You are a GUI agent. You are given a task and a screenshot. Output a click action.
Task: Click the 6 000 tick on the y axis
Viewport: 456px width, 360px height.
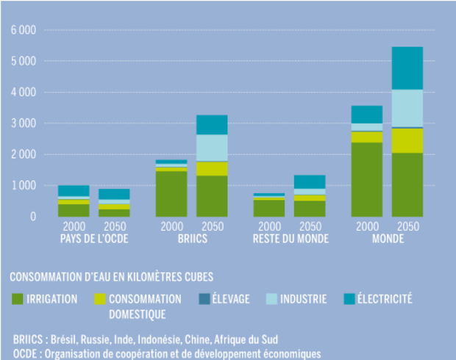[x=23, y=30]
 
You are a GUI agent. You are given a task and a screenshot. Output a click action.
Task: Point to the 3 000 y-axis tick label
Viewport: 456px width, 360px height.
[x=23, y=123]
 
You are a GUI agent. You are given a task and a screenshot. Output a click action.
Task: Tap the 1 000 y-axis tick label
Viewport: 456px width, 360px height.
[x=23, y=186]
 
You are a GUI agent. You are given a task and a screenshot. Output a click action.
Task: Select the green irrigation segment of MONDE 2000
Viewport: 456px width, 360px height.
[x=366, y=179]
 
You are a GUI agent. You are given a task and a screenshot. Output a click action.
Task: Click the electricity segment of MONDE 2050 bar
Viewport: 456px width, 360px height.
[x=407, y=68]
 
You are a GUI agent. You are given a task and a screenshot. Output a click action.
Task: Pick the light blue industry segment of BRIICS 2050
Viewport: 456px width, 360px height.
[x=212, y=148]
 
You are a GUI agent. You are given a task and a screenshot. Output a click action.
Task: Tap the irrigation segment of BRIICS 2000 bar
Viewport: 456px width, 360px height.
[x=171, y=193]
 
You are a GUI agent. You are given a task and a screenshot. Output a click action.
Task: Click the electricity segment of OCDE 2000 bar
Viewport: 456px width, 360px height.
[x=74, y=190]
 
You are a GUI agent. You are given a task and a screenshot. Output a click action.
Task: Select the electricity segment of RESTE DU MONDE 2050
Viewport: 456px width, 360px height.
[x=310, y=181]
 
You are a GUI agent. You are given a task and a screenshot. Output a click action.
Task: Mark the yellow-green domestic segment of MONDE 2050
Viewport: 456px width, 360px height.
[x=407, y=140]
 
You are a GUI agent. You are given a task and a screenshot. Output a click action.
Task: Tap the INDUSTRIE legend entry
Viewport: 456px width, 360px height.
[x=301, y=299]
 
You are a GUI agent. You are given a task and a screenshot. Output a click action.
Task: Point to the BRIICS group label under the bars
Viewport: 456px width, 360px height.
[x=191, y=238]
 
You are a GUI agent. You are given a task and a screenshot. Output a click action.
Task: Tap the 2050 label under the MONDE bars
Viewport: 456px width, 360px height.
[x=407, y=226]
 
